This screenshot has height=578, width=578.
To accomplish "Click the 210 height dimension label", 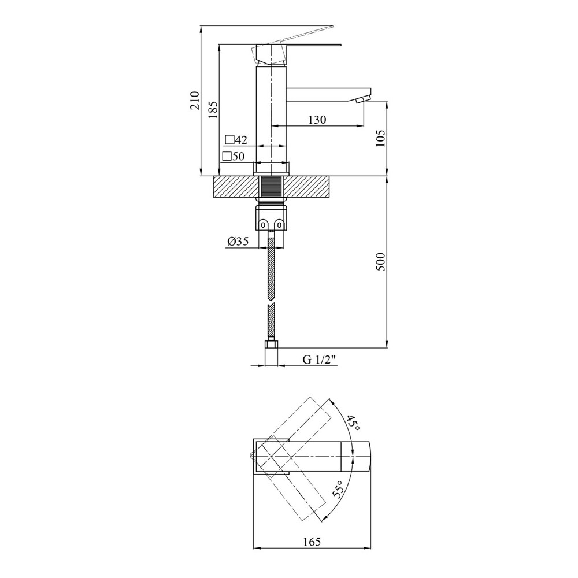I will click(x=195, y=100).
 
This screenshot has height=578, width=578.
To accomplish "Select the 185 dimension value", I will click(x=212, y=108).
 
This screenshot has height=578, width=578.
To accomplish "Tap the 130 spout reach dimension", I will click(x=317, y=120).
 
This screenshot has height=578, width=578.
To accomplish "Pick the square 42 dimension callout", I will click(x=236, y=140).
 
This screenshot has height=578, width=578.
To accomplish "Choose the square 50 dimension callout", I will click(x=234, y=156).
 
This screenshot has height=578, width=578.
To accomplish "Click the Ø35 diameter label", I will click(x=238, y=242).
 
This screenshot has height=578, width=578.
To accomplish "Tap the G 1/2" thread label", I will click(x=320, y=360).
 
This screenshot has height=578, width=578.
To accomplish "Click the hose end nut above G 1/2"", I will click(x=271, y=346).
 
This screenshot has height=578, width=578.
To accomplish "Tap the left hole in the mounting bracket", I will click(x=263, y=224).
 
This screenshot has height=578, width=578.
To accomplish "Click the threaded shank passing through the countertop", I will click(x=271, y=187).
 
